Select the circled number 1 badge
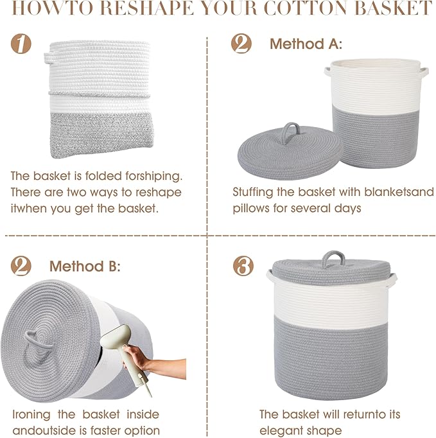(x=21, y=44)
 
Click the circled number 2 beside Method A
(x=241, y=44)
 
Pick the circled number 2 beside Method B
(x=21, y=265)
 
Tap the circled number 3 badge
(x=241, y=265)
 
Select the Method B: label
(x=85, y=266)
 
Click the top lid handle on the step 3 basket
(x=333, y=258)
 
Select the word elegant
(x=281, y=430)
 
